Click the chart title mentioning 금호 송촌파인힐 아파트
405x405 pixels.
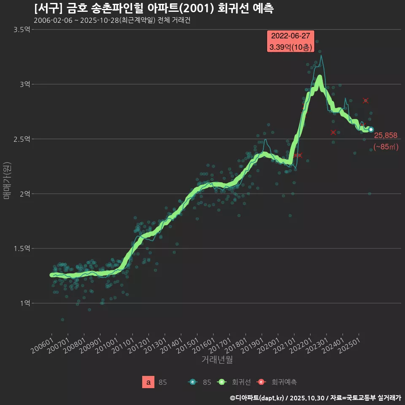pos(154,8)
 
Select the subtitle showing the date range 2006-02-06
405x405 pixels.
pos(112,21)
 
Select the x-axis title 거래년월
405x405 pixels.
pos(217,359)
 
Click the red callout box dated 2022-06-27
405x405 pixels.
pos(291,41)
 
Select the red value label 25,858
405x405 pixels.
pos(386,135)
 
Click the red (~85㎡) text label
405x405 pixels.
pos(386,147)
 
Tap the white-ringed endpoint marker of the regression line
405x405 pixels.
pos(371,130)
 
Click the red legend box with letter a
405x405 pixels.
pos(148,382)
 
